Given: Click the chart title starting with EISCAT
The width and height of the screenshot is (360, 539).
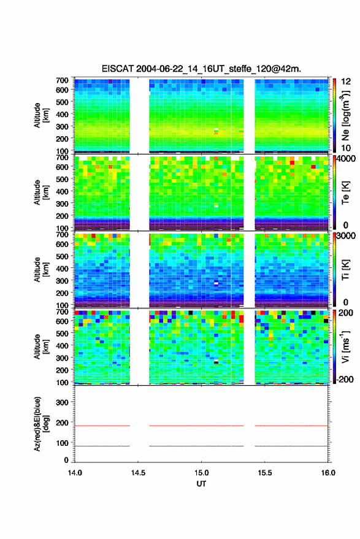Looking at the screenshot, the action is point(201,69).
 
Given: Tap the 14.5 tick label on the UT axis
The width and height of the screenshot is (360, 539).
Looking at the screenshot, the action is point(138,473).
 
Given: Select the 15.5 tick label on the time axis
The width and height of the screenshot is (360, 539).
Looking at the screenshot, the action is point(264,473).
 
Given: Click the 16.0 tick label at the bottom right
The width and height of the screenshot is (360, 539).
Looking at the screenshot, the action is point(328,473).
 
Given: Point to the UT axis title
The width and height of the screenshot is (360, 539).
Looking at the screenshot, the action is point(201,484).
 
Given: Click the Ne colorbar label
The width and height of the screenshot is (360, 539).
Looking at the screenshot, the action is point(345,115).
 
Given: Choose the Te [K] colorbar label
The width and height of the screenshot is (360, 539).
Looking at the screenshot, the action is point(345,193).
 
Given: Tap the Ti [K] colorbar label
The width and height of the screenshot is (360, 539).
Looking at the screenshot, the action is point(345,270).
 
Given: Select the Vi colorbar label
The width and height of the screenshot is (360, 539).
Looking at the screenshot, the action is point(345,346).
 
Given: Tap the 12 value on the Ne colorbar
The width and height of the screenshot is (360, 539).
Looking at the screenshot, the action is point(346,82).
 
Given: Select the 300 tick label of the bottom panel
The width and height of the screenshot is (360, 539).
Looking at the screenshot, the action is point(62,402).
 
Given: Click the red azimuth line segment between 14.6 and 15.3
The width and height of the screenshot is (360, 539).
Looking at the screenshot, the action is point(196,426).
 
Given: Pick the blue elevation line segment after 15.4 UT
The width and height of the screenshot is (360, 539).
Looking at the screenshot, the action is point(291,446).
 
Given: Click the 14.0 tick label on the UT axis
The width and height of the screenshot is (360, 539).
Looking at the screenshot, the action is point(75,473).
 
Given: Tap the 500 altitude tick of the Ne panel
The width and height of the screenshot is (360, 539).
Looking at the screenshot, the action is point(62,102).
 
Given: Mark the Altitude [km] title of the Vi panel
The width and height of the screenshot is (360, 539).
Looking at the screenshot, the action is point(41,346).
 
